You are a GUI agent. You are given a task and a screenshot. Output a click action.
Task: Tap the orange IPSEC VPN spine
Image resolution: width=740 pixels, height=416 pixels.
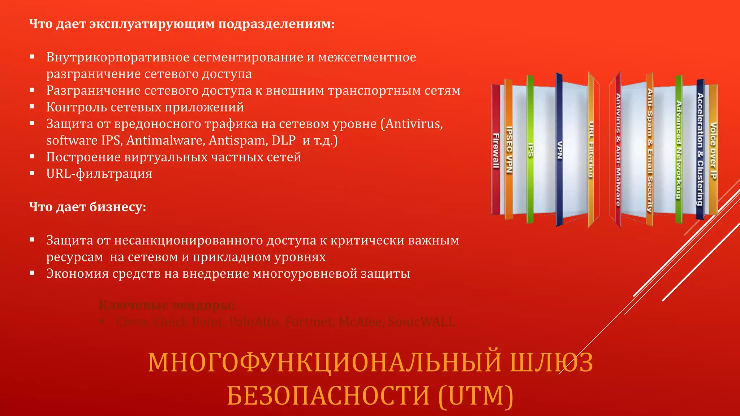click(x=509, y=150)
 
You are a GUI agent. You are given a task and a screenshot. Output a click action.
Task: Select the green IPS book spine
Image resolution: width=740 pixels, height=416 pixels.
click(x=530, y=150)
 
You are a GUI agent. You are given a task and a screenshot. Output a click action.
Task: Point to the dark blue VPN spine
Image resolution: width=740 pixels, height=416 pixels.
click(x=559, y=150)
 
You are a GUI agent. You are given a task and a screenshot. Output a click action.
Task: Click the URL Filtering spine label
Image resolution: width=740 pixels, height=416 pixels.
click(x=591, y=150)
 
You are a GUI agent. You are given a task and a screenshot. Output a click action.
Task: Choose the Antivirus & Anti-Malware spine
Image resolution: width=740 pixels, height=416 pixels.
click(x=618, y=150)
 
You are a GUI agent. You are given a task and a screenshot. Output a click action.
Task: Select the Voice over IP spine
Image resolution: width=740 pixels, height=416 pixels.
click(x=713, y=150)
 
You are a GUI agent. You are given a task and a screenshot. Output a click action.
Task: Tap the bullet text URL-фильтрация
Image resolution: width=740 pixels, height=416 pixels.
click(x=99, y=174)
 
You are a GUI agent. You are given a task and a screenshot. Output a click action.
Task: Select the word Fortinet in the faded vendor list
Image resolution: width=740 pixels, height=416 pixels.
click(x=309, y=322)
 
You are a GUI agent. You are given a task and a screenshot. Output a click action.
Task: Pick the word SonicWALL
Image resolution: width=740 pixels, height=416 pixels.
click(x=421, y=322)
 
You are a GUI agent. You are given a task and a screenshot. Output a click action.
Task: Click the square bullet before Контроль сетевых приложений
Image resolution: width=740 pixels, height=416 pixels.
click(x=32, y=107)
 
